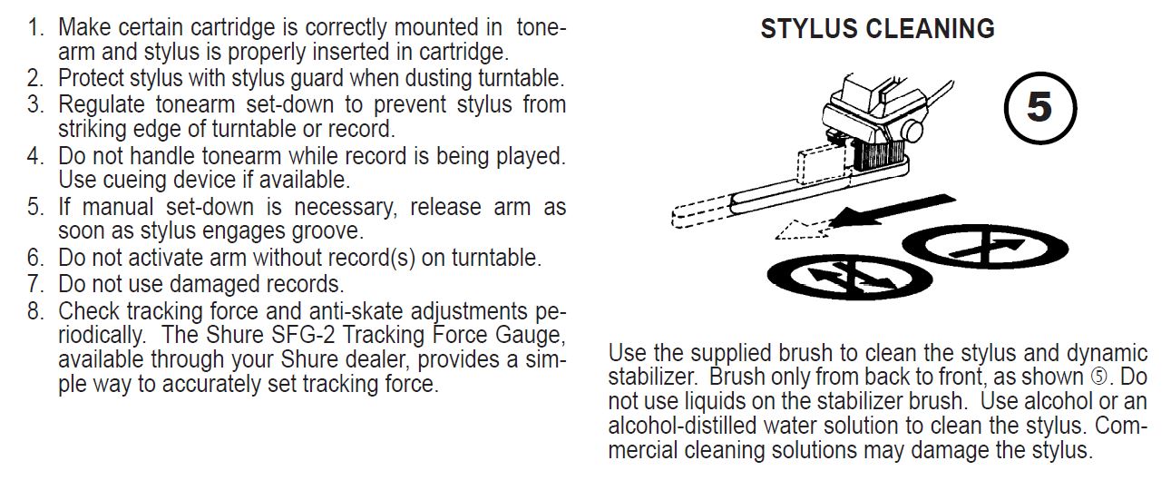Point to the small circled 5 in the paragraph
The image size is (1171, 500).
pos(1100,377)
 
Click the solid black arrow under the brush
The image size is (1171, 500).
pos(893,211)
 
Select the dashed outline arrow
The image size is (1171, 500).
pos(803,230)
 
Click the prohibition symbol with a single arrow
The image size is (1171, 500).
pos(985,247)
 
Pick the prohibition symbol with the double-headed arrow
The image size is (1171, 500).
pos(850,277)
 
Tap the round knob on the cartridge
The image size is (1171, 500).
pos(912,131)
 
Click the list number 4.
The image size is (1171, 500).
pos(35,156)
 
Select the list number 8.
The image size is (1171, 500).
pos(35,311)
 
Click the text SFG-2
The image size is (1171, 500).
pos(303,335)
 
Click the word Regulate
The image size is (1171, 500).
pos(102,104)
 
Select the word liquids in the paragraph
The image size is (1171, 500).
pos(719,402)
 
